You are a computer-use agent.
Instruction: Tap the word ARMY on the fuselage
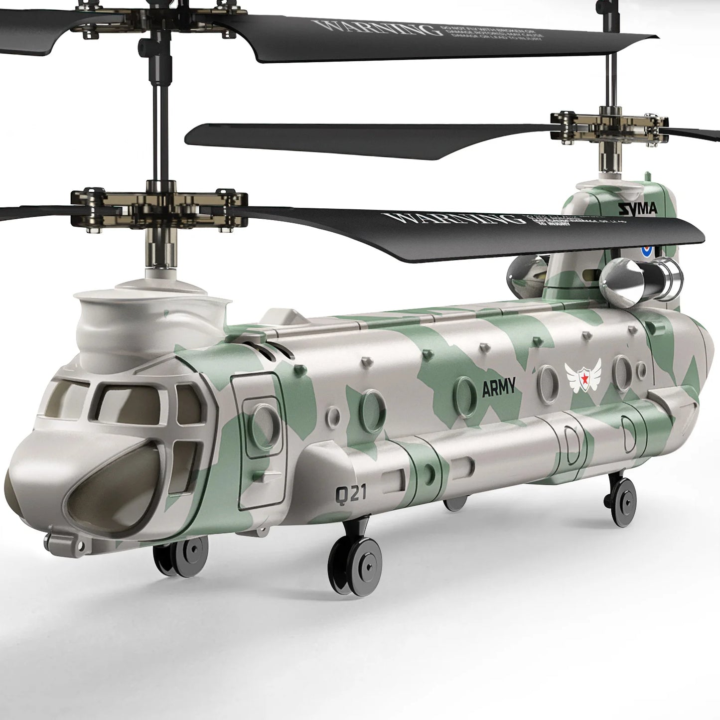[498, 388]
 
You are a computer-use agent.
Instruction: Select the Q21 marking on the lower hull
[351, 494]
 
